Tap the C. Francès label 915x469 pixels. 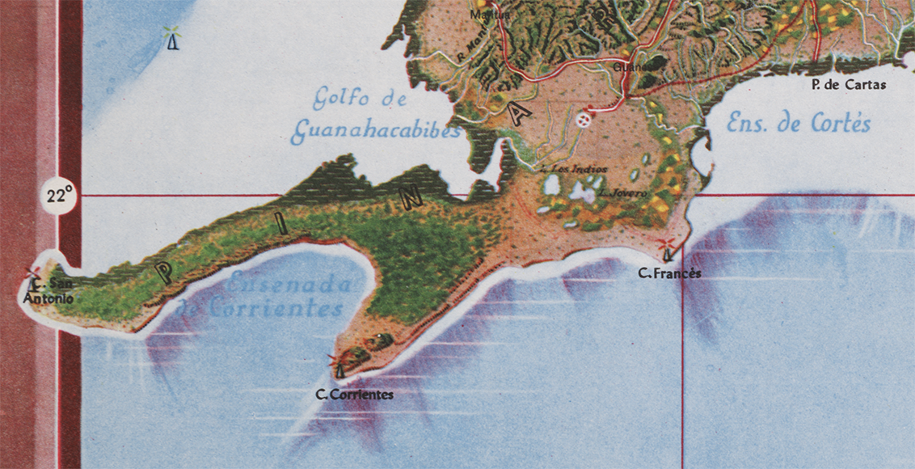coord(669,273)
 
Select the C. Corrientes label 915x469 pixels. coord(355,395)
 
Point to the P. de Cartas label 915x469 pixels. coord(848,84)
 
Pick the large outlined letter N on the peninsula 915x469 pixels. coord(405,202)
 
